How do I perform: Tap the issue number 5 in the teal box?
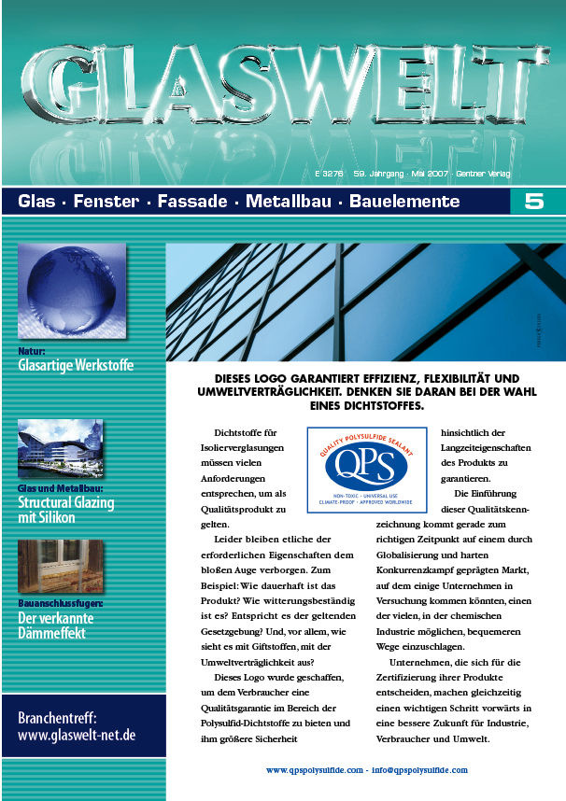[534, 202]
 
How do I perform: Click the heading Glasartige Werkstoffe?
[76, 365]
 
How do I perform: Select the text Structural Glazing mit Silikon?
[65, 510]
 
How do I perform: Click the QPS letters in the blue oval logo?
[366, 463]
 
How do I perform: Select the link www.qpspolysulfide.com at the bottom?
[314, 771]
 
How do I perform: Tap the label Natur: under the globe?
[32, 351]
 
